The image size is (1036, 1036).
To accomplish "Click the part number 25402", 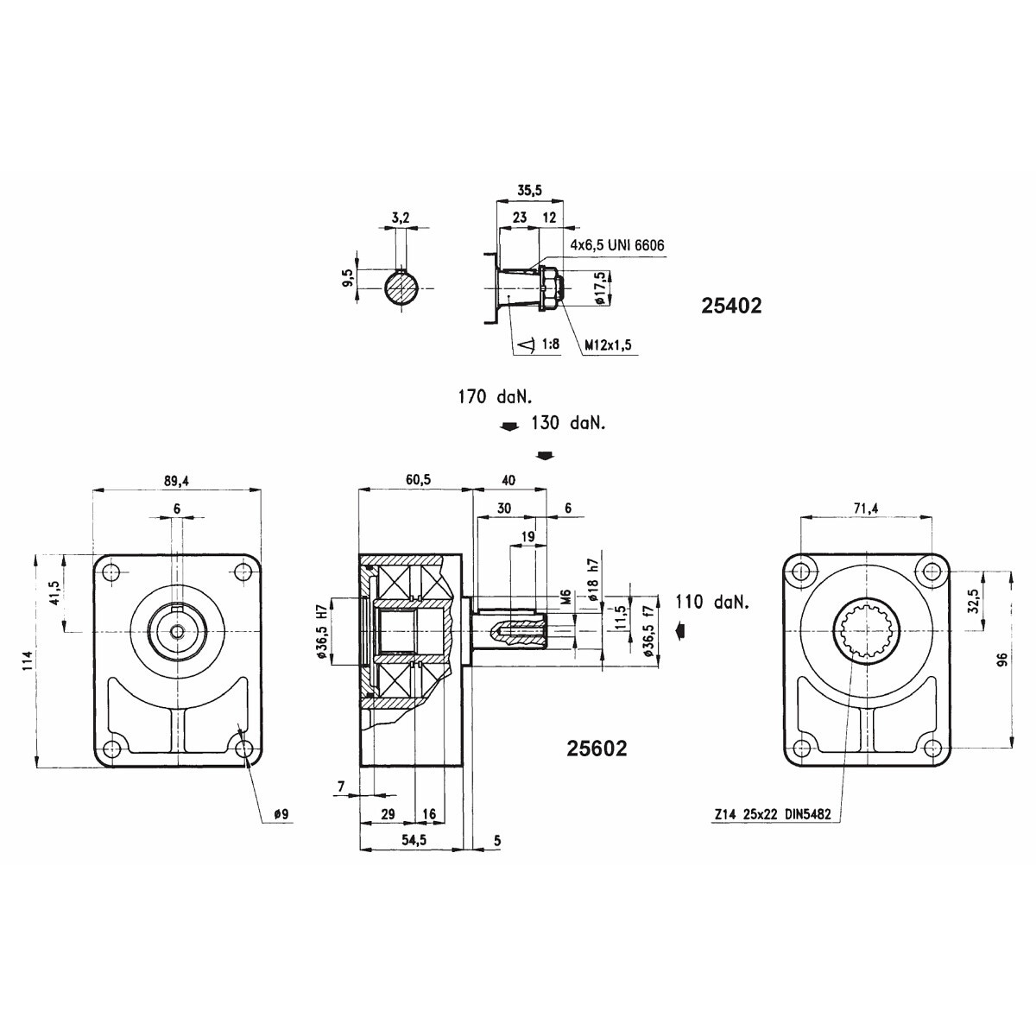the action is (x=731, y=306).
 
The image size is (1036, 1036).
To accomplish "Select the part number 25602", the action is (x=597, y=749).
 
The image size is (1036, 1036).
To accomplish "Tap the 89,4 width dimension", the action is (x=177, y=481).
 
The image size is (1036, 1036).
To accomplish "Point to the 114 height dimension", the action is (x=28, y=660).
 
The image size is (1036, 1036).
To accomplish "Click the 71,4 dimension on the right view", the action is (x=866, y=508).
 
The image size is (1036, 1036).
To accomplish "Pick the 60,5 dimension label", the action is (x=418, y=480).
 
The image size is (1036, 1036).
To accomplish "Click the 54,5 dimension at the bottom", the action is (x=414, y=840).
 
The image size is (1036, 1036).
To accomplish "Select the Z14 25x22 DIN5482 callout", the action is (x=773, y=814).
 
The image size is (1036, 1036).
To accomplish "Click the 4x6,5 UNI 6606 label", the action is (x=617, y=245).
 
